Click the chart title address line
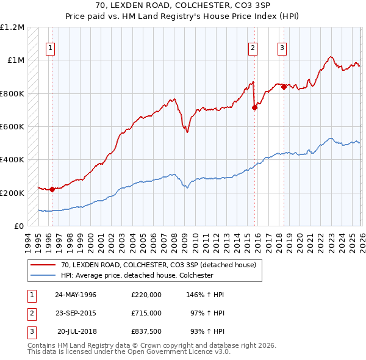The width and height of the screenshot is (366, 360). pyautogui.click(x=183, y=6)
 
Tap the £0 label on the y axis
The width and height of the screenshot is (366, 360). pyautogui.click(x=19, y=226)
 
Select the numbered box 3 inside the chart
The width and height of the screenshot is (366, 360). pyautogui.click(x=283, y=49)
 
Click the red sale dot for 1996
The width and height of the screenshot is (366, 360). pyautogui.click(x=52, y=189)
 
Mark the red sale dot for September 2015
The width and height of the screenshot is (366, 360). pyautogui.click(x=255, y=107)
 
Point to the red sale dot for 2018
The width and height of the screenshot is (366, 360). pyautogui.click(x=284, y=87)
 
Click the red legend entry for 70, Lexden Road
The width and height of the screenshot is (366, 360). pyautogui.click(x=162, y=265)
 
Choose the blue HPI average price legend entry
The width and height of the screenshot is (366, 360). pyautogui.click(x=136, y=275)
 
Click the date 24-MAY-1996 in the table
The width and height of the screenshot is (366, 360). pyautogui.click(x=76, y=295)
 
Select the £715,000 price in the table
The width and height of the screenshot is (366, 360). pyautogui.click(x=146, y=312)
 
